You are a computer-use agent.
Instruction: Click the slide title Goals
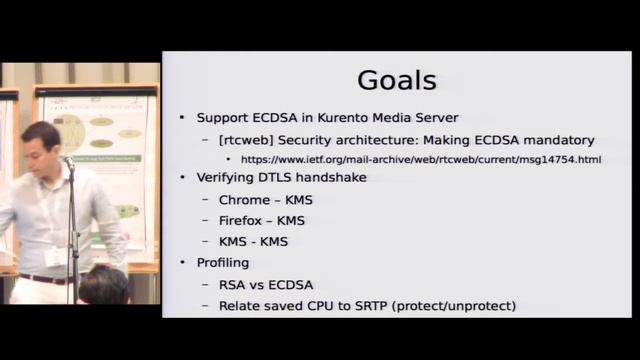click(x=396, y=80)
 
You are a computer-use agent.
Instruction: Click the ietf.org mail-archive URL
click(x=419, y=159)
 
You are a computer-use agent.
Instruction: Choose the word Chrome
click(x=244, y=200)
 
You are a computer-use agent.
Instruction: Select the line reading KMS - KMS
click(x=253, y=241)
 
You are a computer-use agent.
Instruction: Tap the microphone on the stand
click(x=67, y=160)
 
